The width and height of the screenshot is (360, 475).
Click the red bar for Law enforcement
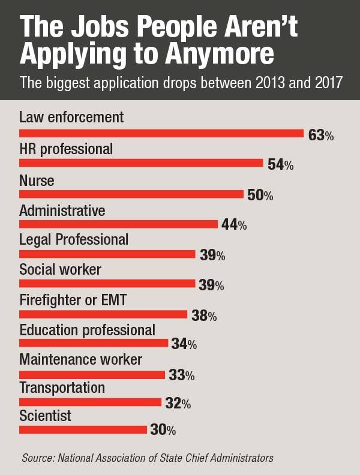[x=161, y=133]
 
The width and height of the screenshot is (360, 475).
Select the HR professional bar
[x=142, y=163]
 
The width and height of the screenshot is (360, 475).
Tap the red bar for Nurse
[x=131, y=194]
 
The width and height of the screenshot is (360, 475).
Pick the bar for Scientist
[x=83, y=429]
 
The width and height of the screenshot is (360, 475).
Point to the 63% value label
[x=320, y=135]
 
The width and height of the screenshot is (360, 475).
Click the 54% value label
[x=280, y=165]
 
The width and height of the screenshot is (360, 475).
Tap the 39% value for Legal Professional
[x=212, y=255]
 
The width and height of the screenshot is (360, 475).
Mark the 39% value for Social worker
[x=211, y=285]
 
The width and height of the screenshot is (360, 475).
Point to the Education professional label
[x=88, y=330]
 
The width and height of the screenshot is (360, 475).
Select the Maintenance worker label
[x=81, y=360]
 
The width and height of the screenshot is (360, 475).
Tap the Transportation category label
[x=62, y=387]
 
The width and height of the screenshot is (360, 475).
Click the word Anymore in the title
[x=218, y=55]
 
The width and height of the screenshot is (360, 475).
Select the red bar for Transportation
[x=91, y=402]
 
